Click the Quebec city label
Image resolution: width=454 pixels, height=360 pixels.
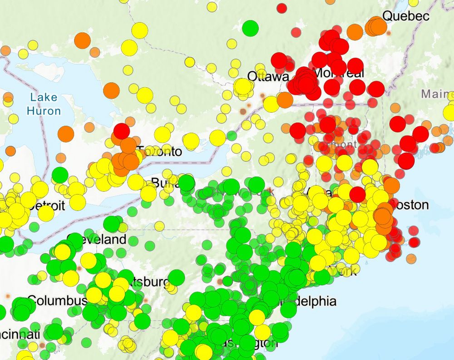[406, 16]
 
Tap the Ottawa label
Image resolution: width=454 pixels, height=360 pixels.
[267, 77]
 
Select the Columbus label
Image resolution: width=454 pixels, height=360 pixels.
[57, 301]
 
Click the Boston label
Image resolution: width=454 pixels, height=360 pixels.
[411, 205]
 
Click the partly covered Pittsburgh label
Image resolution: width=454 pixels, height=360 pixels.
[148, 282]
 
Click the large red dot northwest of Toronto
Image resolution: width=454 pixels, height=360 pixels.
[121, 131]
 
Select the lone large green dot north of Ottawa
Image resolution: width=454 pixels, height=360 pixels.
[250, 28]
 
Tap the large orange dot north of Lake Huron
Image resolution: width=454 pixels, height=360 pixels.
[82, 40]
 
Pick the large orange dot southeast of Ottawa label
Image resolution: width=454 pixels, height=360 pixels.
[285, 100]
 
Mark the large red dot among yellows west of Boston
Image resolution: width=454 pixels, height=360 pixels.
[357, 195]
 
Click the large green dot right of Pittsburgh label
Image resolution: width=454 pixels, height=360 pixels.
[176, 277]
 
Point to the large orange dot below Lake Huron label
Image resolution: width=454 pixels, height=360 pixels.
[66, 133]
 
